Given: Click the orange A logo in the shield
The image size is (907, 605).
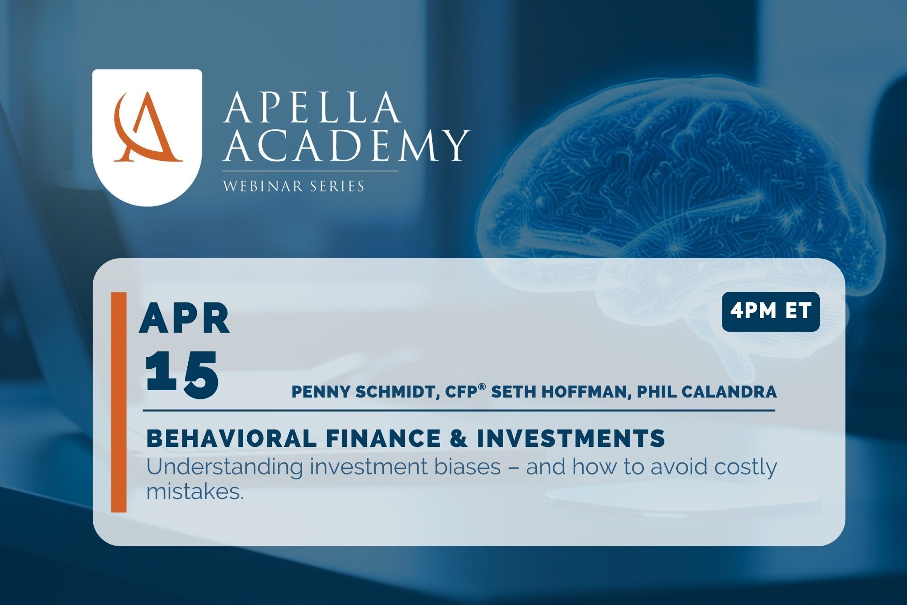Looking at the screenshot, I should [x=147, y=128].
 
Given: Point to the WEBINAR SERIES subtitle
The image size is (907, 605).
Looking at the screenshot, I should [x=293, y=186].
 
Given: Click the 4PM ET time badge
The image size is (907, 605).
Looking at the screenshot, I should [x=770, y=312].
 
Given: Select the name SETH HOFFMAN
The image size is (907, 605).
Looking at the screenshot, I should [x=559, y=392].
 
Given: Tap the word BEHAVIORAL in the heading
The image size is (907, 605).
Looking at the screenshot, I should [x=232, y=438].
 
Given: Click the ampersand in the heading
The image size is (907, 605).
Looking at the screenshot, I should [x=458, y=438].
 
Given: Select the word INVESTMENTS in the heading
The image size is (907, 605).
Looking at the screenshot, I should [x=571, y=438].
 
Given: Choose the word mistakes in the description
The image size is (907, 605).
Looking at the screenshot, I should [x=195, y=492].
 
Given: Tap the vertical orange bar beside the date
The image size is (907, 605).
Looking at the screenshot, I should [x=119, y=402].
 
